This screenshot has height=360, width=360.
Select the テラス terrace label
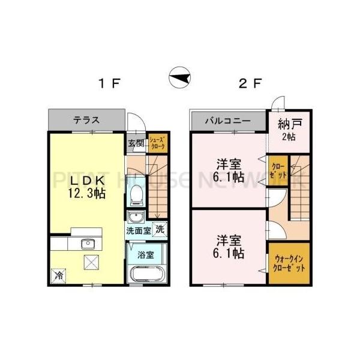[x=86, y=119]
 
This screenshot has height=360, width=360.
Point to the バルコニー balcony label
[x=227, y=120]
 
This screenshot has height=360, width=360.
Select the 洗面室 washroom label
[x=137, y=230]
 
